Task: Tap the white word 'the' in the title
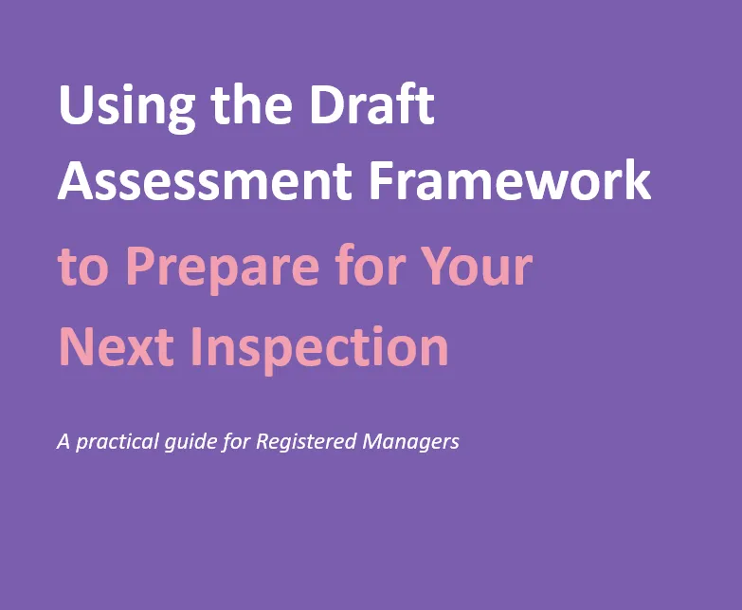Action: [251, 103]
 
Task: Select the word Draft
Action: [371, 103]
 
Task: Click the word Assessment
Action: [205, 181]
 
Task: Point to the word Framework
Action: [510, 180]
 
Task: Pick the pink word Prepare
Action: [223, 271]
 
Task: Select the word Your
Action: [476, 267]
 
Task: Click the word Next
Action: [116, 347]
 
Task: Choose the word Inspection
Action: [319, 350]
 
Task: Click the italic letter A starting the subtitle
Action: [63, 441]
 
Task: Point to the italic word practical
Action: [117, 442]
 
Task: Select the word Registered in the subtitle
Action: [306, 442]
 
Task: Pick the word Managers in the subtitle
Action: [410, 442]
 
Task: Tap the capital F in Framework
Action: [382, 181]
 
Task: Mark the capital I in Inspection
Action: [196, 347]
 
